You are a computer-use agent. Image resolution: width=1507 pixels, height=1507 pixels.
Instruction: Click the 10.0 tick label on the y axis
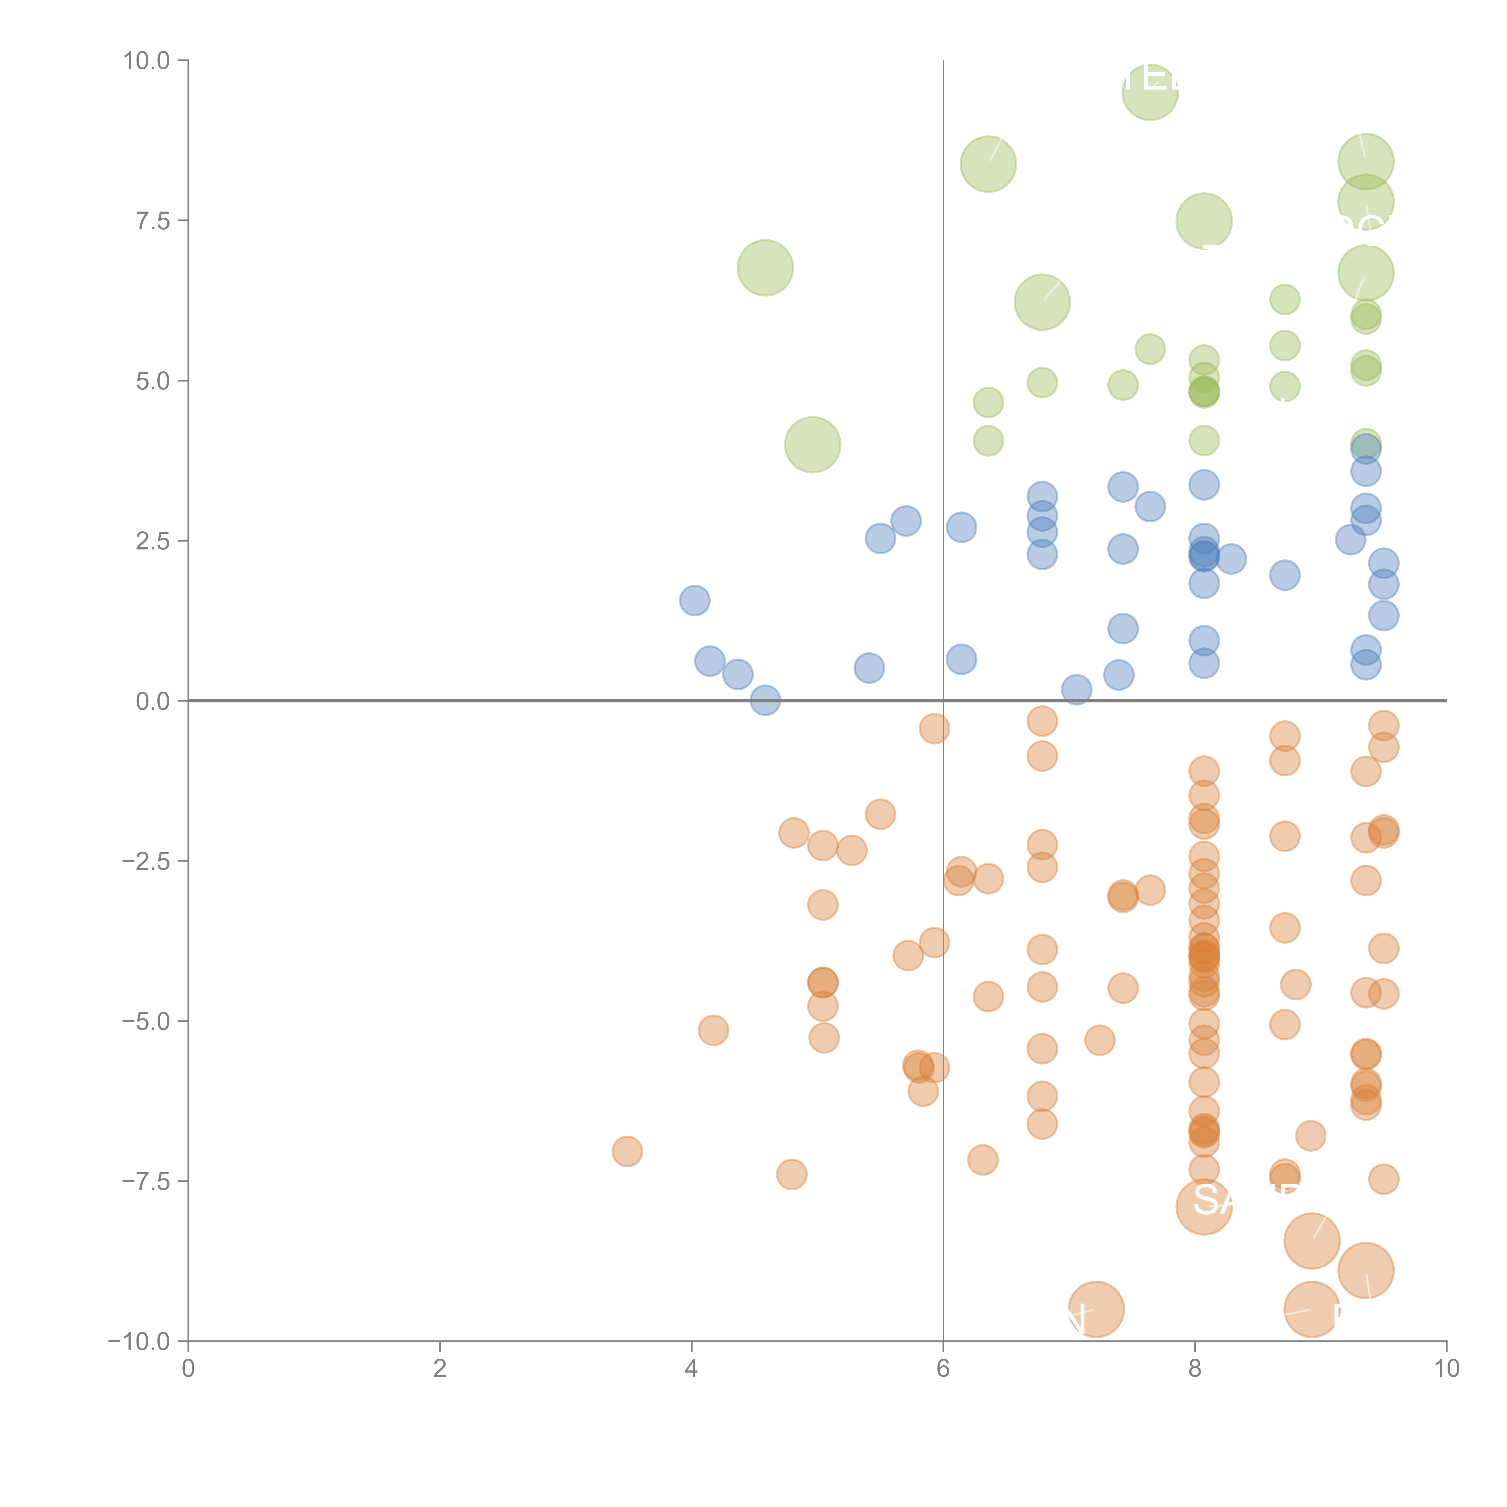pyautogui.click(x=147, y=61)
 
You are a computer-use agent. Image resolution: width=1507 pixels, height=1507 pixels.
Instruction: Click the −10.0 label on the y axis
pyautogui.click(x=140, y=1342)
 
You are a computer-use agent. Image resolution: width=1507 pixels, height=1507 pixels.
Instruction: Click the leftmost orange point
pyautogui.click(x=627, y=1151)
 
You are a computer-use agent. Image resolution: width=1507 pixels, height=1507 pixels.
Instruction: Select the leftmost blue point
pyautogui.click(x=694, y=601)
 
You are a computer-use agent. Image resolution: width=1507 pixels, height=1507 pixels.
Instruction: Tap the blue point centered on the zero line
pyautogui.click(x=765, y=700)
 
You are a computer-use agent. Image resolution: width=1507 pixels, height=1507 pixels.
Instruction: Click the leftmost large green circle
pyautogui.click(x=765, y=268)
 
